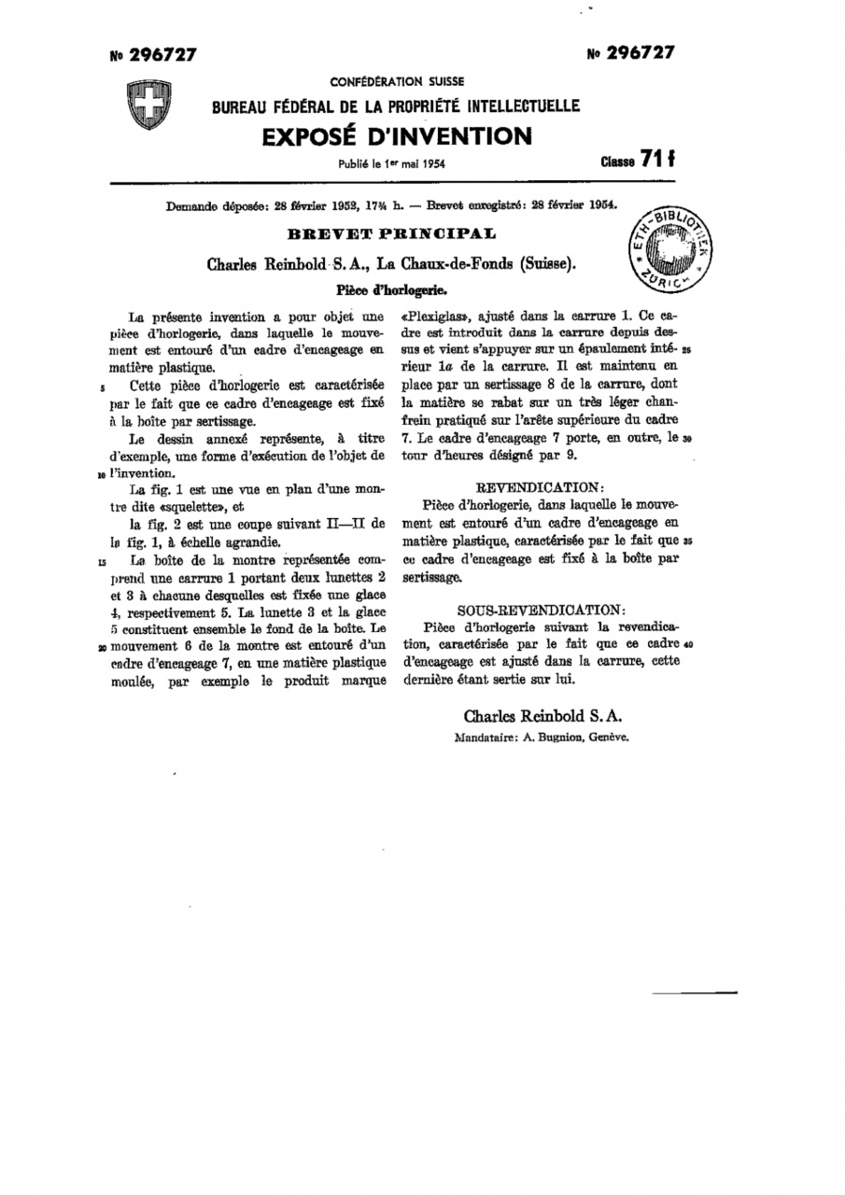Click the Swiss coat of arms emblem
coord(146,104)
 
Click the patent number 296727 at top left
coord(153,55)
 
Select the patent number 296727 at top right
coord(631,53)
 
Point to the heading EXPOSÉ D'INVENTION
coord(397,137)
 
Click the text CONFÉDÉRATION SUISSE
coord(397,82)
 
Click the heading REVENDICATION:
coord(541,488)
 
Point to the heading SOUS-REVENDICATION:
coord(541,609)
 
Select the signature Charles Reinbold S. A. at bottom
coord(542,716)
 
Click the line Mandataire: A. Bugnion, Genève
coord(541,737)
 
